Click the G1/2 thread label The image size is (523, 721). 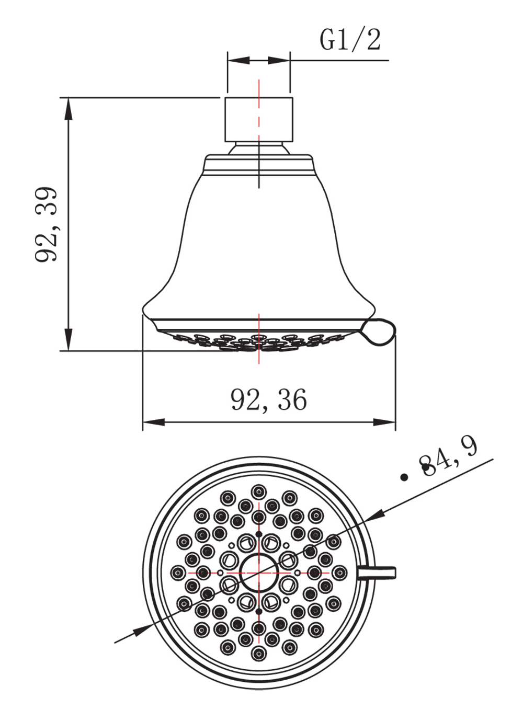350,40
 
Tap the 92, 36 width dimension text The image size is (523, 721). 269,399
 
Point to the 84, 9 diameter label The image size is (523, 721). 449,457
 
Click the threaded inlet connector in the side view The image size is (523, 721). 258,119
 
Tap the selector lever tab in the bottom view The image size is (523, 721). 378,573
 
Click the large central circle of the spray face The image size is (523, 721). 258,573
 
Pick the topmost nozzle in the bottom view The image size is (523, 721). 258,491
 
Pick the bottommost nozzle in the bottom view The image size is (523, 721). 258,654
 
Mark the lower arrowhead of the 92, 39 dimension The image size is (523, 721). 68,342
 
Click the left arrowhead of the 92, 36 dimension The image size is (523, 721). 152,422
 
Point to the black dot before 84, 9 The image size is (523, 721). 403,477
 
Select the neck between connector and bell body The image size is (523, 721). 258,148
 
